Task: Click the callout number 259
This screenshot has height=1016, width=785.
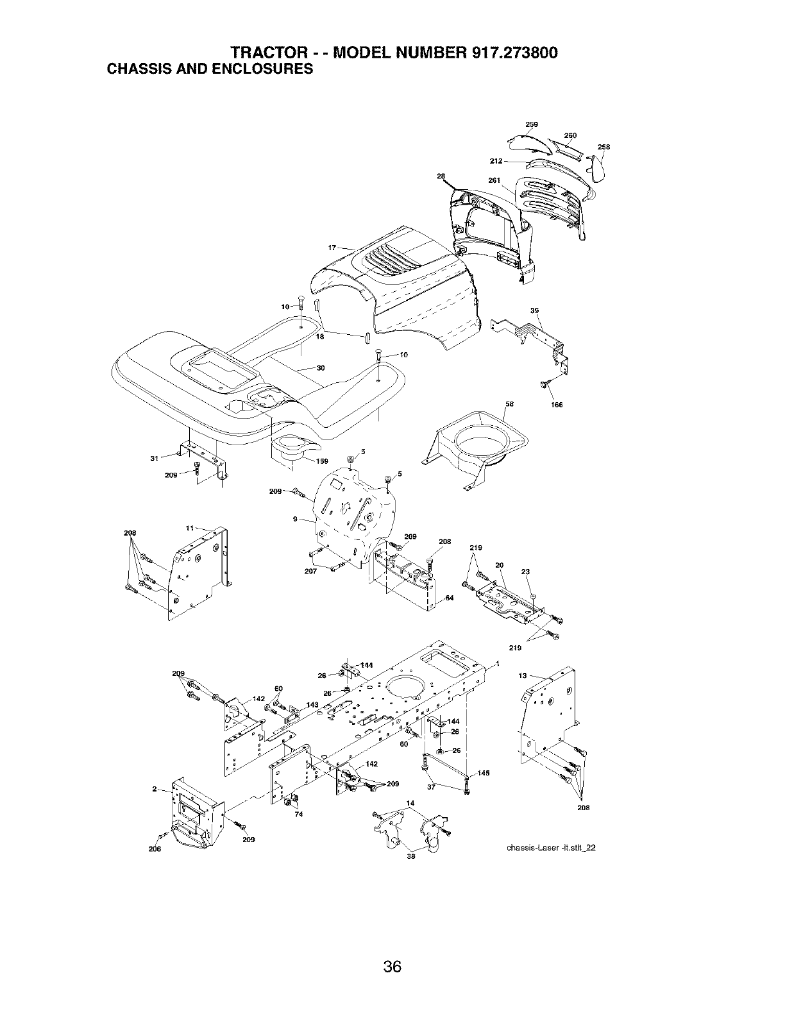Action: (x=532, y=124)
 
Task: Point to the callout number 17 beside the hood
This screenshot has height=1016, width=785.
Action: (x=332, y=248)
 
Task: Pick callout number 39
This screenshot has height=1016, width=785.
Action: (x=535, y=310)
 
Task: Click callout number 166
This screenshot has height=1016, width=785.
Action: (x=557, y=405)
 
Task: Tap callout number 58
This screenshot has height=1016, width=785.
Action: (x=510, y=404)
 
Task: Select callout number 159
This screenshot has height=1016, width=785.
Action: (x=322, y=461)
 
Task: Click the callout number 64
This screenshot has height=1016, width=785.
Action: (x=450, y=598)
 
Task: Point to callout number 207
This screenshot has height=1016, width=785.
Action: (x=310, y=571)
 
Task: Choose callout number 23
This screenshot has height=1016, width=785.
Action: (x=525, y=571)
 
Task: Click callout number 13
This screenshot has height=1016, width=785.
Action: (x=523, y=675)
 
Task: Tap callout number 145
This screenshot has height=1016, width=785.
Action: (x=484, y=773)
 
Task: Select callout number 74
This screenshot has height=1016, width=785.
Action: (x=299, y=814)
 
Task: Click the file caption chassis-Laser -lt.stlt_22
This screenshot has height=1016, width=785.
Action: (x=551, y=847)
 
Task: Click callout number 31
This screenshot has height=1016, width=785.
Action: (x=155, y=458)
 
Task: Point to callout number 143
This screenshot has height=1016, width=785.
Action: (x=312, y=705)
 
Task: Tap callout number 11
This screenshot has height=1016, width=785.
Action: (x=189, y=529)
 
